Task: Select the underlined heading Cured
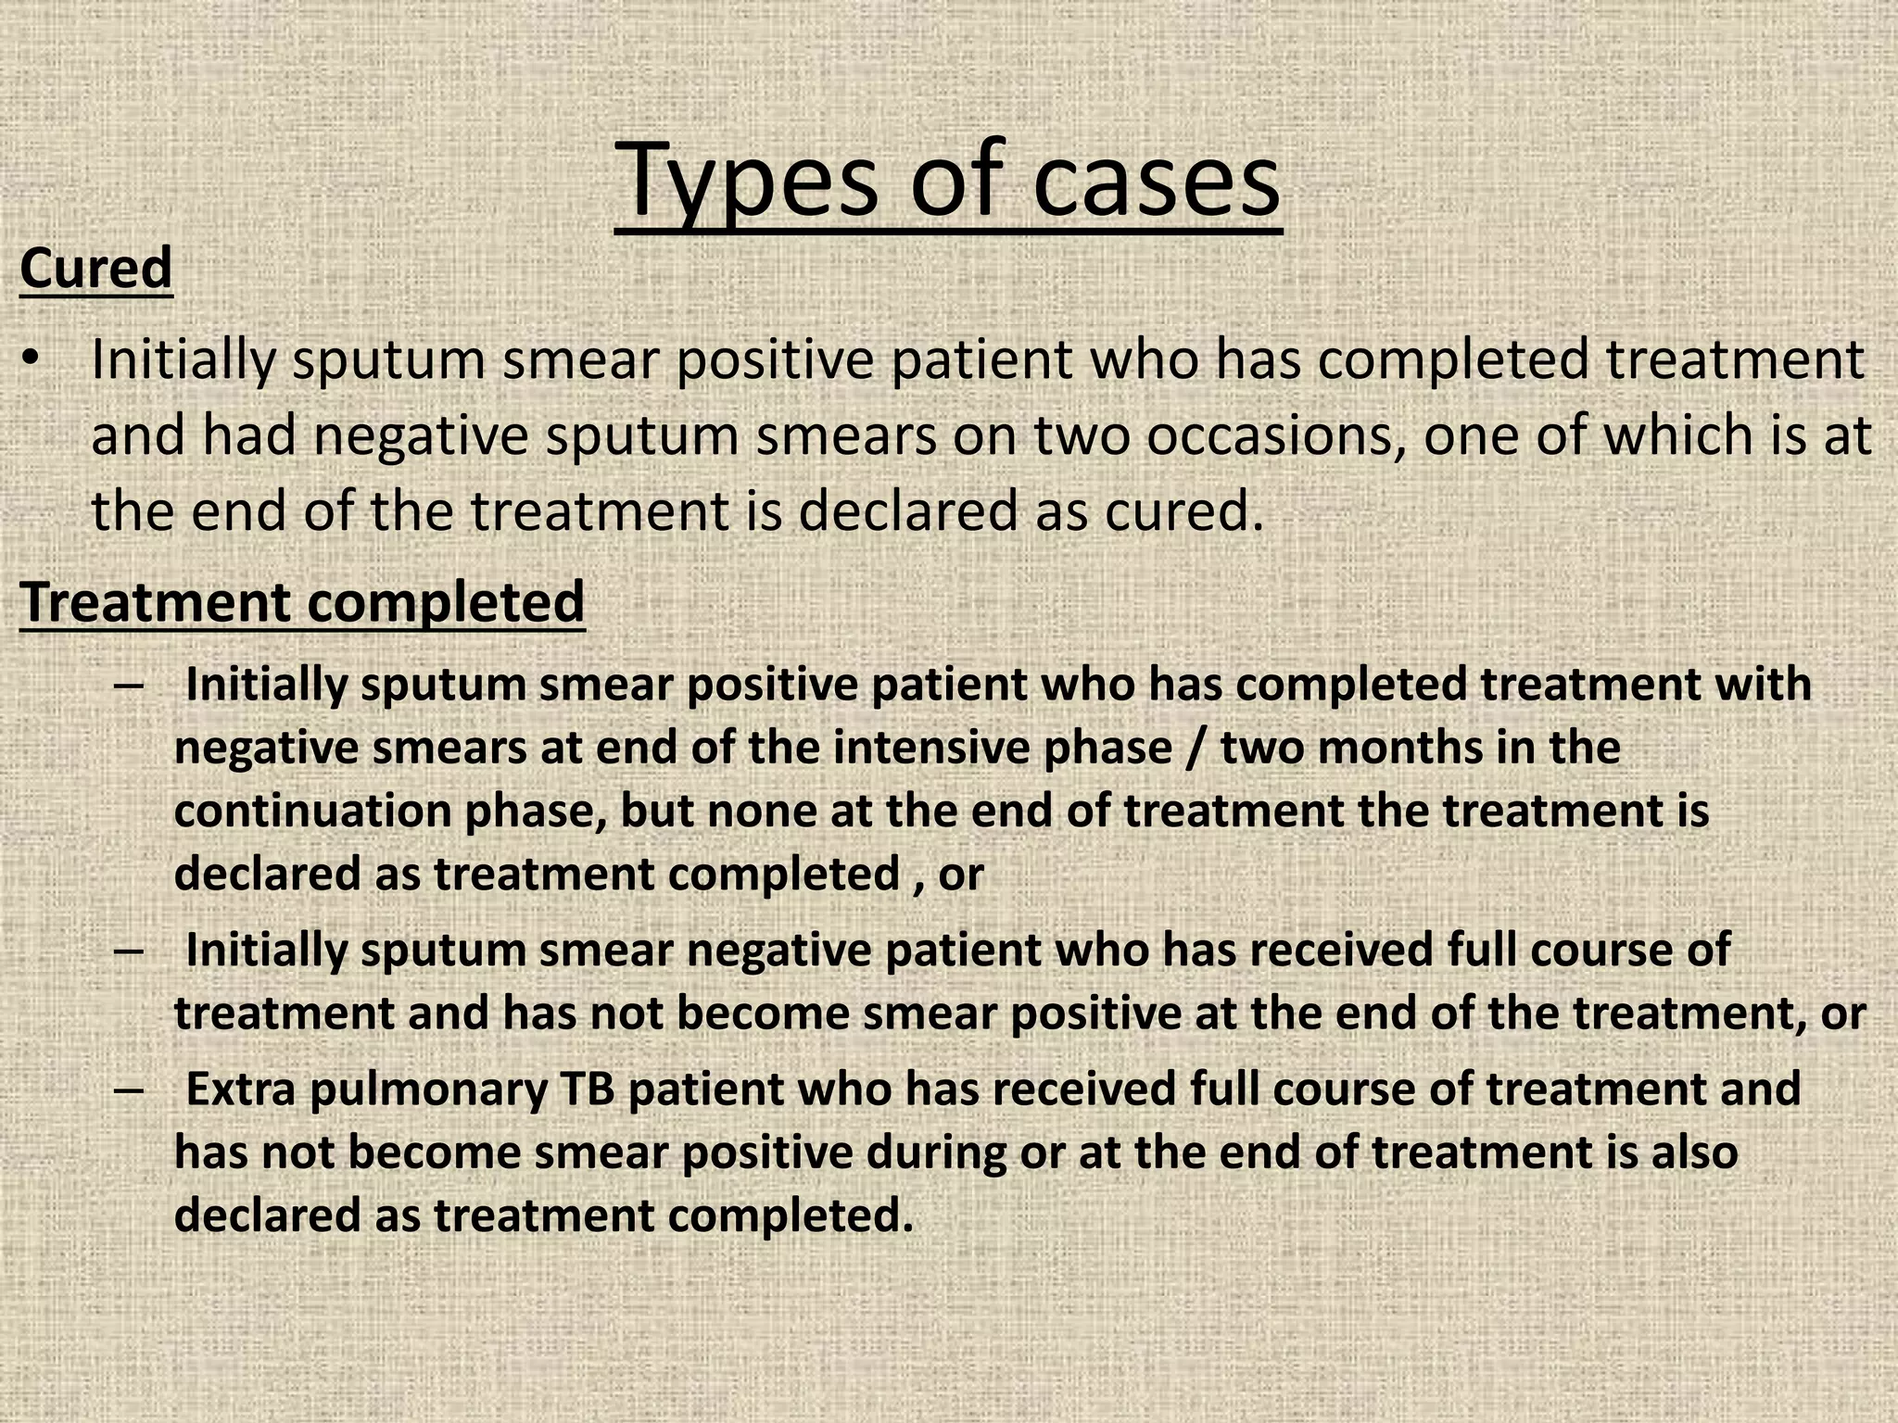(x=95, y=269)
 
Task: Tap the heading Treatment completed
(x=302, y=602)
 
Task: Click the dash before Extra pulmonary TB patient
(x=130, y=1089)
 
